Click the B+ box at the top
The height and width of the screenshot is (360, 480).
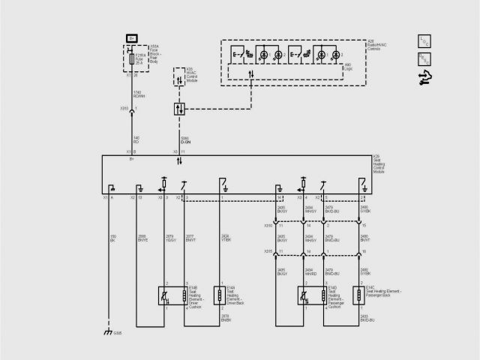132,37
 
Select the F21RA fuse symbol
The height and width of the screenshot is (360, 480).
133,57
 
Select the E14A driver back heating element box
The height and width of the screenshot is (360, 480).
219,295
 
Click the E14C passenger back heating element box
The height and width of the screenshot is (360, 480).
360,295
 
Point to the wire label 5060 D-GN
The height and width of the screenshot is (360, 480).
185,139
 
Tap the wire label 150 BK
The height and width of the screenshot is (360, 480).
113,238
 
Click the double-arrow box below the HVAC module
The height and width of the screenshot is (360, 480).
179,109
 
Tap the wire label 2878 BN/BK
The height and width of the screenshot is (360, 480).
223,319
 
